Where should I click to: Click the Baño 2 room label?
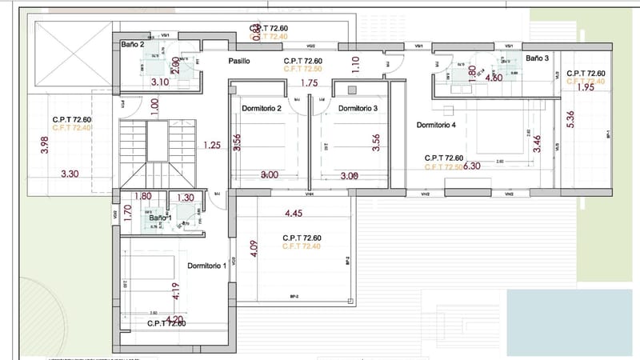133,45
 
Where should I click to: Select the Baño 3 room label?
538,58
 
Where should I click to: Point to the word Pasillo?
240,61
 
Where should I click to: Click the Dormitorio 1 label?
206,266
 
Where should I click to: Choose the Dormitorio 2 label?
261,109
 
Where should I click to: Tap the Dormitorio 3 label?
358,109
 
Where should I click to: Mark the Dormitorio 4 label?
436,126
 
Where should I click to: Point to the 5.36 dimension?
570,119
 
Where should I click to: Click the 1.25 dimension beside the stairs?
211,146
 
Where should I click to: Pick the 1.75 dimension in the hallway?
310,82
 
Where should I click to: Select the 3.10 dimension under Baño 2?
159,82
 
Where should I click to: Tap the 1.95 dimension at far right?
585,88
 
